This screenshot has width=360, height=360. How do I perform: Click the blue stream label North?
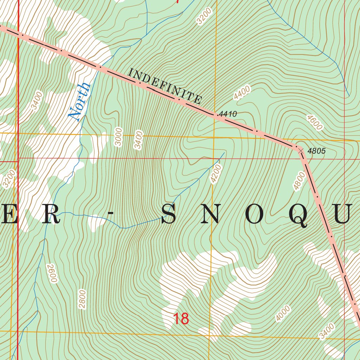pos(79,102)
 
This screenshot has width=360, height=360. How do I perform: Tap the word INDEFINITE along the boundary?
pos(165,86)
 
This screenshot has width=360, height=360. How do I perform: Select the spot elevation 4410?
pos(227,114)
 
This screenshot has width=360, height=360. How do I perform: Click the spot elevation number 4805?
pos(316,151)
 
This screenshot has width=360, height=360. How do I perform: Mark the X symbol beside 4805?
pos(301,150)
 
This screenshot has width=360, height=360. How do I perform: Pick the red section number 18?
pos(181,319)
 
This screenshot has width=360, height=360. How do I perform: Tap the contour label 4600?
pos(314,122)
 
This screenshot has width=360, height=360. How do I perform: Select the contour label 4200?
pos(216,174)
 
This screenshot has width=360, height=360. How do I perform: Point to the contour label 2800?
pos(82,299)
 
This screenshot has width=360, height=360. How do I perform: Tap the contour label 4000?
pos(283,313)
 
